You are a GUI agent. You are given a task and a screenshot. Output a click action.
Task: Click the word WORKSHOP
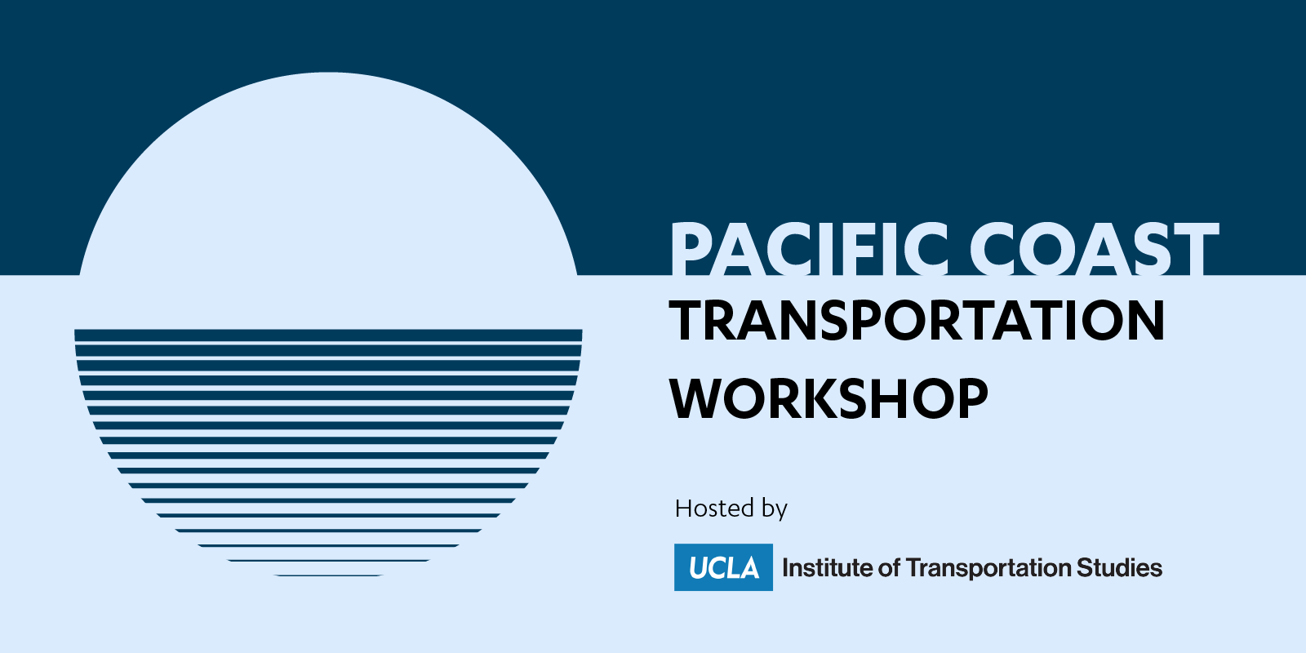829,398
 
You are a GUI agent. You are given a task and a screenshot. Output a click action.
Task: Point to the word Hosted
715,509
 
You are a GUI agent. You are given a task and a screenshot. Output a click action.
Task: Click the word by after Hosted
775,509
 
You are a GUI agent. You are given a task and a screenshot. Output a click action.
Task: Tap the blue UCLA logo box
723,567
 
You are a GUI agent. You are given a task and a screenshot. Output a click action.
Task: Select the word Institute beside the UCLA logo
827,568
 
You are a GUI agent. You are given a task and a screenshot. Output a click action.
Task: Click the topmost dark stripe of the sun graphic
328,335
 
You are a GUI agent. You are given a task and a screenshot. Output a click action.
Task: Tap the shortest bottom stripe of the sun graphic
328,575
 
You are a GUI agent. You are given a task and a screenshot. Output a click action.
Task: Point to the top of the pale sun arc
328,73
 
